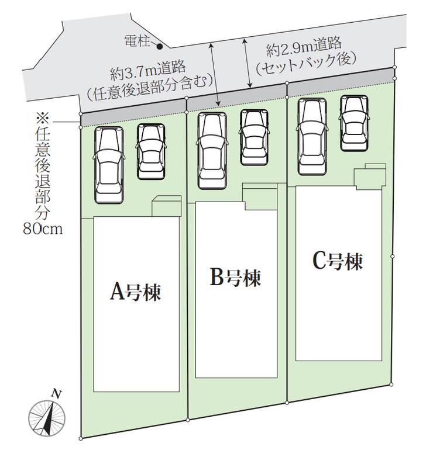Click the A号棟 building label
[135, 292]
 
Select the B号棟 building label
[235, 278]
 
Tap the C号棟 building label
[338, 261]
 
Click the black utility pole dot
[160, 46]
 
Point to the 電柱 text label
[137, 41]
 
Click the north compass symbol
[47, 418]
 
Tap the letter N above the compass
[57, 394]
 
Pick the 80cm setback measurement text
[43, 229]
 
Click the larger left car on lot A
[108, 165]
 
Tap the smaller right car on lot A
[151, 151]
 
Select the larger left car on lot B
[212, 151]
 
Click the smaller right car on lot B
[254, 137]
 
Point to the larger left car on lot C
[312, 137]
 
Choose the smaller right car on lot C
[354, 123]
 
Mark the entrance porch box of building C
[370, 176]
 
